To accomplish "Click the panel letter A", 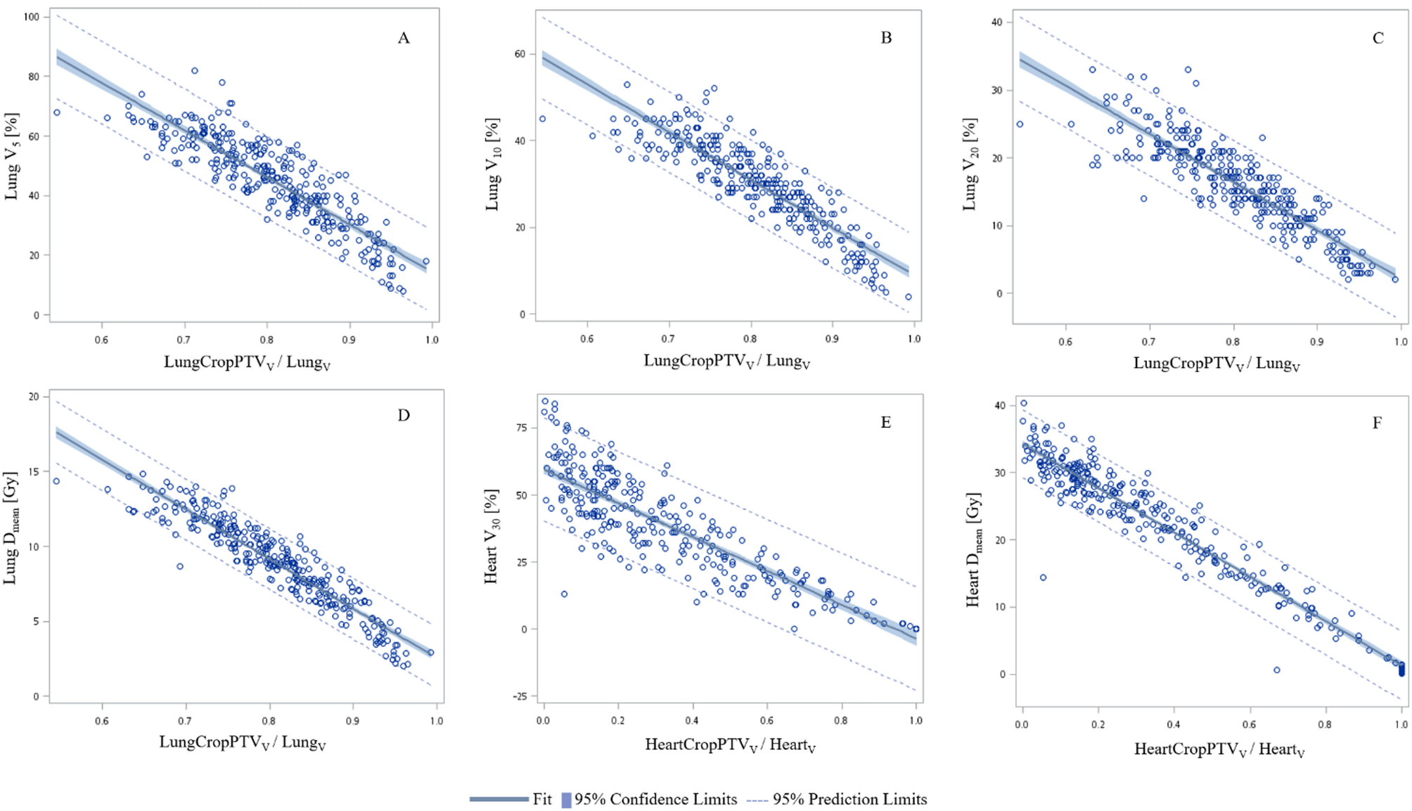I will point(404,38).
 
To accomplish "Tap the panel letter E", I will point(886,422).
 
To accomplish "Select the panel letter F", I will point(1377,423).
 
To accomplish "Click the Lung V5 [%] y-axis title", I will point(12,155).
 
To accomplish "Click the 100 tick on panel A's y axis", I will point(31,16).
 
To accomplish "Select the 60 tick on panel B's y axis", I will point(520,54).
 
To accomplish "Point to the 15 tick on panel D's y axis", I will point(33,471).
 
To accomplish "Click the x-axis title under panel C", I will point(1217,364).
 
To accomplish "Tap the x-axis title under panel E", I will point(730,745).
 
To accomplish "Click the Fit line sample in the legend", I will point(499,799).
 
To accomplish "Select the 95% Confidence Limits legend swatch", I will point(566,800).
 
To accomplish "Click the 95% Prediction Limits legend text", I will point(849,799).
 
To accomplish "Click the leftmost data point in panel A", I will point(57,113).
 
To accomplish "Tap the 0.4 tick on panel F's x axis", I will point(1174,724).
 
